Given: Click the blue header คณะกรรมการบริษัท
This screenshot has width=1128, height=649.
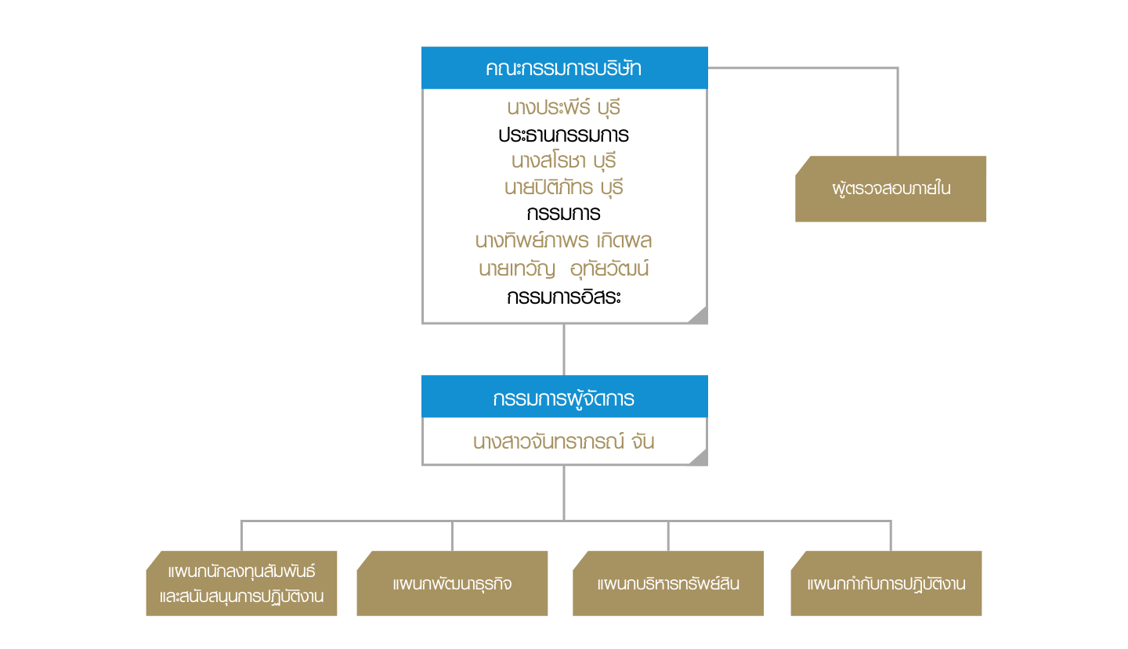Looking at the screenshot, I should [x=564, y=68].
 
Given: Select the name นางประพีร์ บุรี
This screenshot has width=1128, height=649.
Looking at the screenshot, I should [x=564, y=108].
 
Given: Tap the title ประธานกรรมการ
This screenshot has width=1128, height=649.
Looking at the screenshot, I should [x=564, y=135].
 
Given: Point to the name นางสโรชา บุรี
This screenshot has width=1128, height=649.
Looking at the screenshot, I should [x=564, y=162].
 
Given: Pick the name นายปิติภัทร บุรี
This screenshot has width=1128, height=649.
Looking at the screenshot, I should [x=564, y=188].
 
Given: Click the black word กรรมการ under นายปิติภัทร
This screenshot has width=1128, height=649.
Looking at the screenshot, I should [x=564, y=214].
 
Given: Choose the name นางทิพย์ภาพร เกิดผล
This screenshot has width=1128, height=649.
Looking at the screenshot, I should [x=564, y=240].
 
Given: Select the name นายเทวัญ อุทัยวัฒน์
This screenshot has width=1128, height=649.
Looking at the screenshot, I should [x=564, y=269].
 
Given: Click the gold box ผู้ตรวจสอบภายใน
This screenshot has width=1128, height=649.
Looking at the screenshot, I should [x=891, y=189].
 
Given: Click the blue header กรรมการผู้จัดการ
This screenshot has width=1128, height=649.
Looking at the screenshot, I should [x=564, y=398].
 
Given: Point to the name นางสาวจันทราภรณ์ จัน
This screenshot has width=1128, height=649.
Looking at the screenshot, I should [x=564, y=442].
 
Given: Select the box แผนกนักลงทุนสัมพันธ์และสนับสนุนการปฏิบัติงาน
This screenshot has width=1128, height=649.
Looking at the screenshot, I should [x=241, y=584].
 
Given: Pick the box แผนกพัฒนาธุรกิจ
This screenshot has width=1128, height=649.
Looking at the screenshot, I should [x=452, y=584].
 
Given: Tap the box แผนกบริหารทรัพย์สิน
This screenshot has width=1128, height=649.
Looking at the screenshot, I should [x=668, y=584].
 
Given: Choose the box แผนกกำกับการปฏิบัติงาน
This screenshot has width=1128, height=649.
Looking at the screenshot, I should [x=886, y=584].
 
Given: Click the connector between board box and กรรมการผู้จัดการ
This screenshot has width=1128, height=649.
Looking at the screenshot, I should [x=564, y=350].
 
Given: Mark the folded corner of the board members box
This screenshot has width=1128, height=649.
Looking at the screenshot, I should [x=698, y=315].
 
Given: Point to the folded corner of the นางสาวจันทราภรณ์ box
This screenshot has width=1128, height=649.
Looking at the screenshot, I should [x=698, y=457].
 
